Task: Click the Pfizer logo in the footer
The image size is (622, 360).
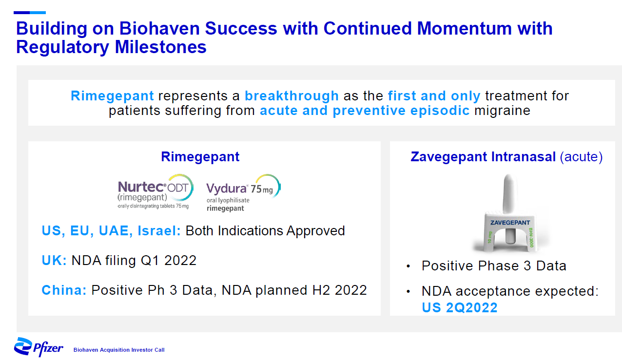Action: click(39, 347)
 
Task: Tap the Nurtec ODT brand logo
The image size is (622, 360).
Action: click(155, 191)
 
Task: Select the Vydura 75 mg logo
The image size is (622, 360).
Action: click(243, 193)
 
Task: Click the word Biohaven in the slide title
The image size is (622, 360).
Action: click(159, 28)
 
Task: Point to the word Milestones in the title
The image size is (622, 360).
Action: click(161, 47)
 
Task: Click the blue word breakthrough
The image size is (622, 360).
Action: click(292, 96)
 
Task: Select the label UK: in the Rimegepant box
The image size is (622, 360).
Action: click(54, 260)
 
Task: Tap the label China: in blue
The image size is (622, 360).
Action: click(64, 290)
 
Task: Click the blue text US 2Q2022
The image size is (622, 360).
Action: click(460, 307)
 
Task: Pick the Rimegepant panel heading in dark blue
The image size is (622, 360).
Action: click(200, 156)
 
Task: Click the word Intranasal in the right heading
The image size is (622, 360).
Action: click(524, 156)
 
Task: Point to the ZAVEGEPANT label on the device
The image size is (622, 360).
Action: click(510, 223)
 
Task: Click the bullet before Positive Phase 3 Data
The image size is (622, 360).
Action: click(408, 266)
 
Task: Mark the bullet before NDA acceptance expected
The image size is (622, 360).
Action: click(408, 291)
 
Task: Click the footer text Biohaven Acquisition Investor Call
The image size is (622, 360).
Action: click(119, 350)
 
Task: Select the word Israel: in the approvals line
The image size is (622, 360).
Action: click(159, 230)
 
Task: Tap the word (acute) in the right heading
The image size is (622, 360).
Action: click(581, 157)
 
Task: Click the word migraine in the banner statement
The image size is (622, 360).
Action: click(502, 111)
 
